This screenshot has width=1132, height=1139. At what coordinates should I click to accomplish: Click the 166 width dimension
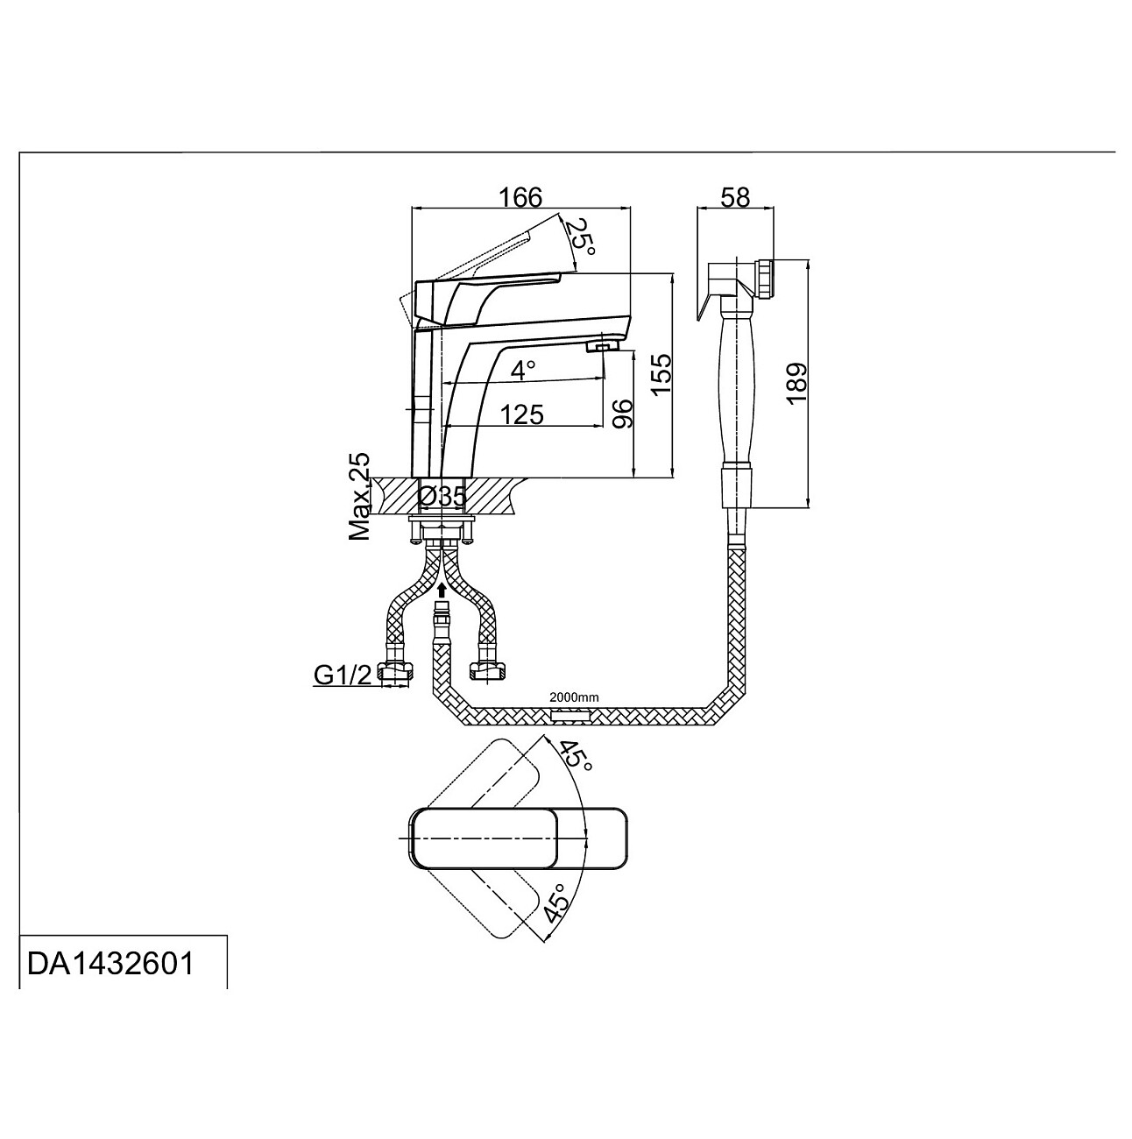(x=521, y=196)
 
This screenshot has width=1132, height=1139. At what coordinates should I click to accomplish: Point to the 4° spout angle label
(x=522, y=370)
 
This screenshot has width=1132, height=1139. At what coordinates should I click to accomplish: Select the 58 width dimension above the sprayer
(x=736, y=197)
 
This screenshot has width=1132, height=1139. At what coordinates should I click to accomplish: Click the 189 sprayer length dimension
(x=796, y=383)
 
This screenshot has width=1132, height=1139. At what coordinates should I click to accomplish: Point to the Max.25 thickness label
(x=360, y=497)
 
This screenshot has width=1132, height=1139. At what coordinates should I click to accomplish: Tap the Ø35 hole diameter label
(x=442, y=497)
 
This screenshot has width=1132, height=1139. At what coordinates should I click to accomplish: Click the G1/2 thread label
(x=342, y=675)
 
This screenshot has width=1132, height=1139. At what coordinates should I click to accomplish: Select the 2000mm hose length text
(x=574, y=697)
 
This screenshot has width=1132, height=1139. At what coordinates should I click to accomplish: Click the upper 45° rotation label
(x=576, y=754)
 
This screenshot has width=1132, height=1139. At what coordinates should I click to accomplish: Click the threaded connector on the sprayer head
(x=764, y=279)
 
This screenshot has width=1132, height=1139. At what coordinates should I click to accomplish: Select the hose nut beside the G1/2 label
(x=398, y=673)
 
